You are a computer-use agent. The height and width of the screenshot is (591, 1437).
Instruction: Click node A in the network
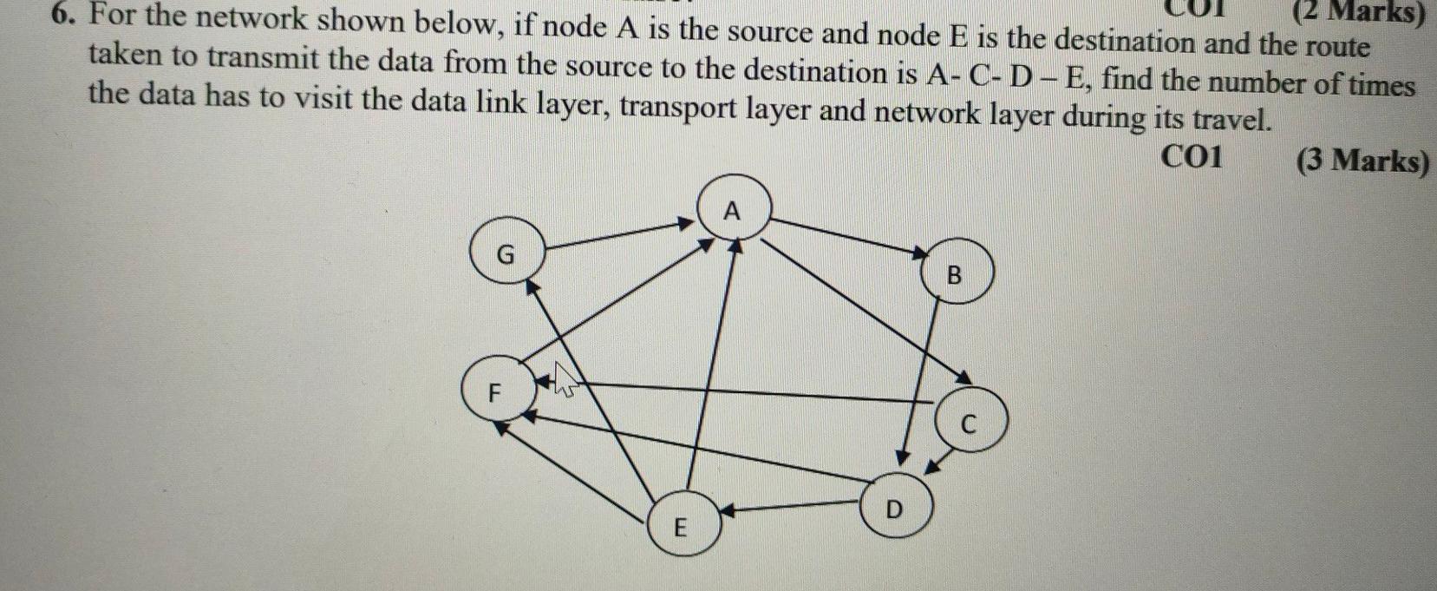[x=734, y=209]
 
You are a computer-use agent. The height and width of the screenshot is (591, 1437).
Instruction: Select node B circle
[x=954, y=275]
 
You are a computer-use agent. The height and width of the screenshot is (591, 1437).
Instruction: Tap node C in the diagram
[x=970, y=423]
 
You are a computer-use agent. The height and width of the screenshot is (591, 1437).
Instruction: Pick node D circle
[x=896, y=508]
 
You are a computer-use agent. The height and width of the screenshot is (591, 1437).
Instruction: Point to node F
[x=495, y=391]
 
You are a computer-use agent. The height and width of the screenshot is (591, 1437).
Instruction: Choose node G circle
[x=506, y=253]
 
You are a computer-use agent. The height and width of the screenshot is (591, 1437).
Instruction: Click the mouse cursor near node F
[x=565, y=379]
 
